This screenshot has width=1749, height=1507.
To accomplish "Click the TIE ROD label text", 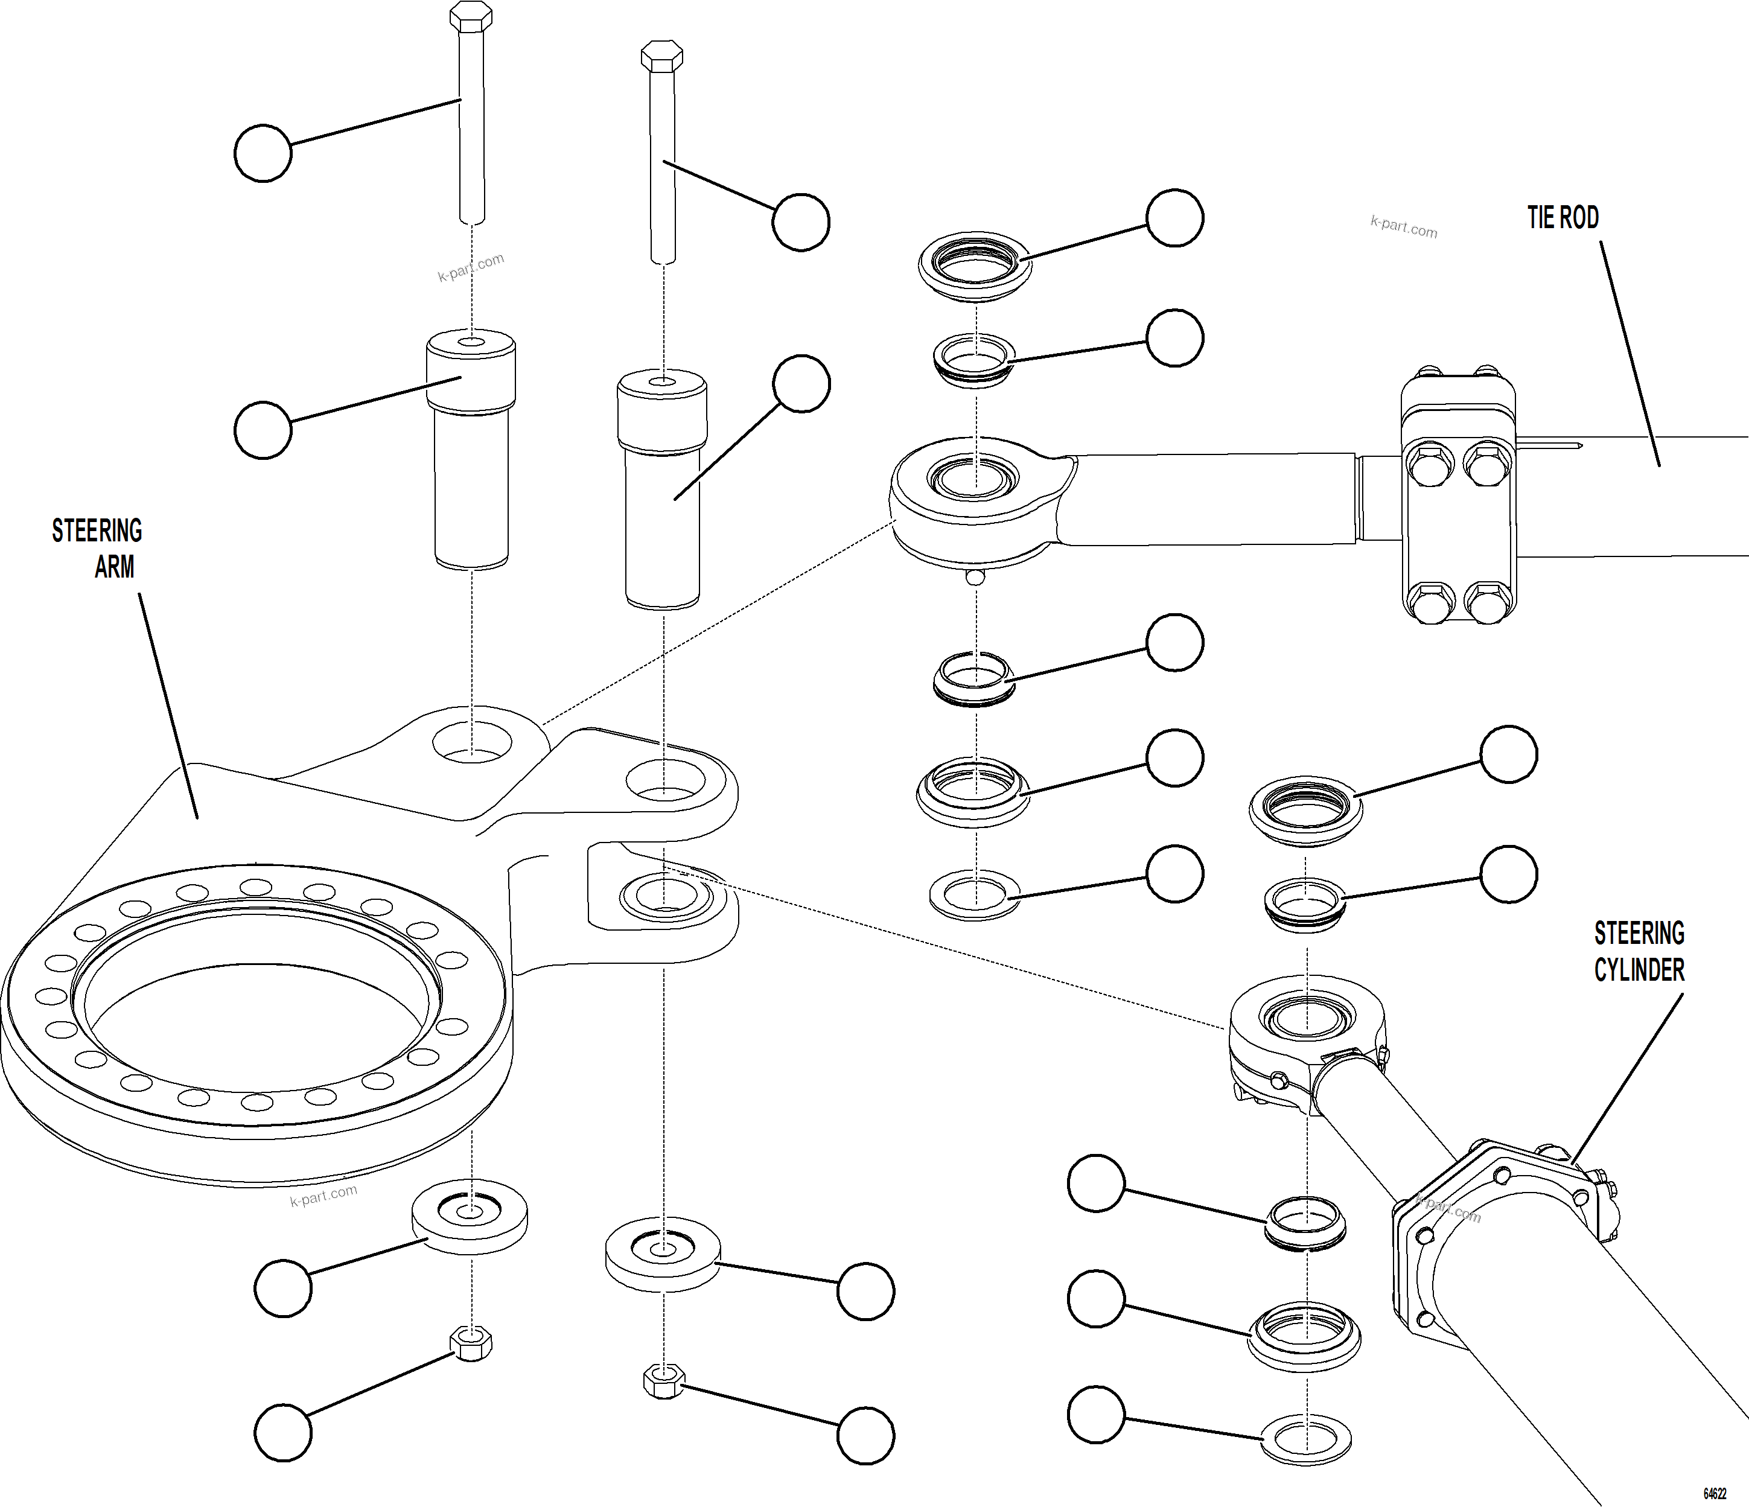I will [1563, 218].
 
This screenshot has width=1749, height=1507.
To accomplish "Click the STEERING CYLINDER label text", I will [1639, 952].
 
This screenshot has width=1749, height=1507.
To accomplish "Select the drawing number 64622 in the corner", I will [1713, 1493].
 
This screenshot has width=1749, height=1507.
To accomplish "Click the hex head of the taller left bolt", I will [471, 16].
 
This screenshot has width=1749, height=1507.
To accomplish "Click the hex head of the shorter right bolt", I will [662, 57].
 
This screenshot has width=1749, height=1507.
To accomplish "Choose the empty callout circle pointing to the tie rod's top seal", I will [1174, 218].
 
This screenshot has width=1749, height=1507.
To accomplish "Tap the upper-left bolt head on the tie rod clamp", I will [1431, 464].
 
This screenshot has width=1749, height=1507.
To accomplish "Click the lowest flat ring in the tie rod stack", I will [975, 895].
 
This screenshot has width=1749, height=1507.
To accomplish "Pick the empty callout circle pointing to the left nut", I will [283, 1433].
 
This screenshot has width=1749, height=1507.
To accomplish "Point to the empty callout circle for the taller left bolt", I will [263, 153].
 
